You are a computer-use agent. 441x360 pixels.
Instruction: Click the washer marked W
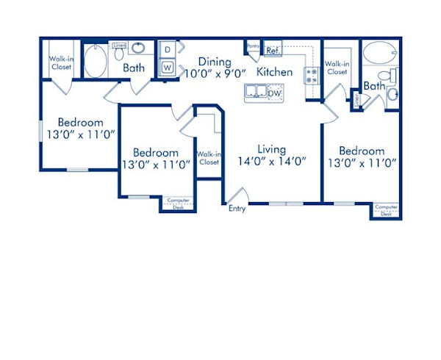[167, 68]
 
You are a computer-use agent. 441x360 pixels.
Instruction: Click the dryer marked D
[167, 50]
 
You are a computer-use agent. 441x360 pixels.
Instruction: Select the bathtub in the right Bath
[379, 54]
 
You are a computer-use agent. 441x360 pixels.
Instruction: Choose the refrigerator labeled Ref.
[272, 51]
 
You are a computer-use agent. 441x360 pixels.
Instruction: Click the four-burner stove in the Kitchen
[311, 73]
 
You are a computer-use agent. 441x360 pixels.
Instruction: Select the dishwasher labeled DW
[274, 93]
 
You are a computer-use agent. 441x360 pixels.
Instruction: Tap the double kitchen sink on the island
[256, 92]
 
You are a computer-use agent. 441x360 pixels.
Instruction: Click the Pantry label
[254, 46]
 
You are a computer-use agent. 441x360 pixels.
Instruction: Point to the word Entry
[237, 209]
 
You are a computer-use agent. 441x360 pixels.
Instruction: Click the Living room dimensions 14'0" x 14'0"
[271, 161]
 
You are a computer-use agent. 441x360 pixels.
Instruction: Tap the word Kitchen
[275, 72]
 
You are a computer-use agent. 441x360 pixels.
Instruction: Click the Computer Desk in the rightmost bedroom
[386, 210]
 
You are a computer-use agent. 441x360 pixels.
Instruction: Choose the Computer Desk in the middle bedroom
[177, 204]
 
